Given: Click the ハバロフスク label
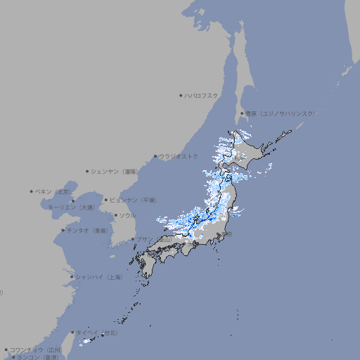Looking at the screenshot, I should click(x=202, y=95).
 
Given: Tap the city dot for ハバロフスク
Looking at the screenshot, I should click(x=181, y=95).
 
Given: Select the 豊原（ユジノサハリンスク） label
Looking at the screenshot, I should click(x=280, y=113).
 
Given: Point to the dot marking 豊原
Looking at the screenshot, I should click(x=242, y=113).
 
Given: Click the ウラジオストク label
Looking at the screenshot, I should click(x=179, y=156).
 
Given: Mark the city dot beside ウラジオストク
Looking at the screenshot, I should click(x=155, y=157).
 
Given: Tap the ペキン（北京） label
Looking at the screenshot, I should click(x=54, y=191).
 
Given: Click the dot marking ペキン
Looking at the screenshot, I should click(x=32, y=191).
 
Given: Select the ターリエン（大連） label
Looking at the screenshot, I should click(x=71, y=207).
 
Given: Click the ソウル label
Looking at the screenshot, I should click(x=127, y=215).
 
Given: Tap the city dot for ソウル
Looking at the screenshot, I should click(x=115, y=215).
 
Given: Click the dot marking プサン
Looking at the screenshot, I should click(x=132, y=239).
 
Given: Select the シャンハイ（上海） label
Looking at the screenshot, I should click(x=98, y=277).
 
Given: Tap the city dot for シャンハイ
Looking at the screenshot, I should click(x=72, y=277).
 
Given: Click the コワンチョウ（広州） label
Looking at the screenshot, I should click(x=36, y=349).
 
